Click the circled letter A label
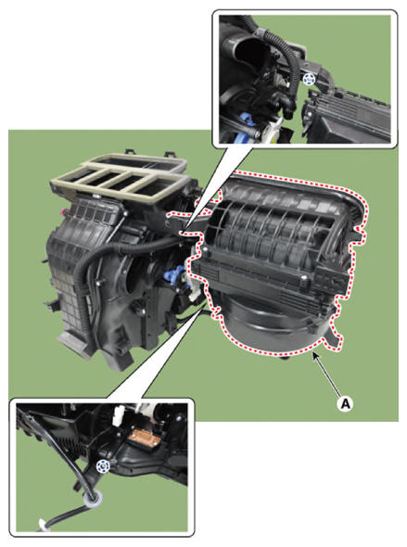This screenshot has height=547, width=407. [x=345, y=403]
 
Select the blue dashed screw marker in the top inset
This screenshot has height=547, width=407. [x=307, y=80]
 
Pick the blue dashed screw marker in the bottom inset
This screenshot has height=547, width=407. [x=103, y=465]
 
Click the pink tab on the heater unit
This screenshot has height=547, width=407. [x=63, y=210]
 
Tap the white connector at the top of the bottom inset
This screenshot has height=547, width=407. [x=119, y=414]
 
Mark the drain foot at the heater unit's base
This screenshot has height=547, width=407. [x=72, y=343]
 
